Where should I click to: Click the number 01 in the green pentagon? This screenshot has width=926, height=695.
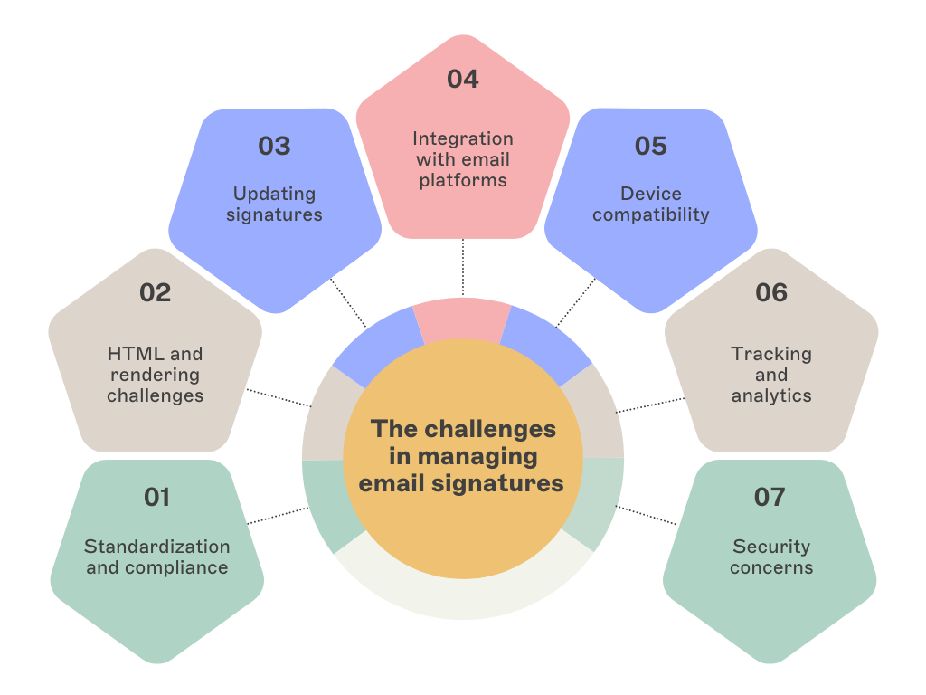coord(157,497)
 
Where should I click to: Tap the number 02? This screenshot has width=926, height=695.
coord(156,292)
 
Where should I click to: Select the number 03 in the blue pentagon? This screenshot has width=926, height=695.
coord(274,146)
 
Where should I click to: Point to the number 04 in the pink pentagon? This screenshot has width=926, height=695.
coord(462,79)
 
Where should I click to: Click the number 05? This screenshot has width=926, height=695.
coord(650,146)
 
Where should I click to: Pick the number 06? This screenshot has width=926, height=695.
coord(771,292)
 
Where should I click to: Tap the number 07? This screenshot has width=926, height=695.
coord(770,497)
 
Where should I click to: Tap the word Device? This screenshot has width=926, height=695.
coord(651,194)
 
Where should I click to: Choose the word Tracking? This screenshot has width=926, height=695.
coord(771,354)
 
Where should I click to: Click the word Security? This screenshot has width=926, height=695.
coord(771,547)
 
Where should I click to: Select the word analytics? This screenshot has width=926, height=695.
coord(771,395)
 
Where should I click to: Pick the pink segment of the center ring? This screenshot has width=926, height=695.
coord(462,322)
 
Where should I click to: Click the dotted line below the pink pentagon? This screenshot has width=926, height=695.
coord(463,268)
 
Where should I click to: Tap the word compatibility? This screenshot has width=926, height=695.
coord(651,214)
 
